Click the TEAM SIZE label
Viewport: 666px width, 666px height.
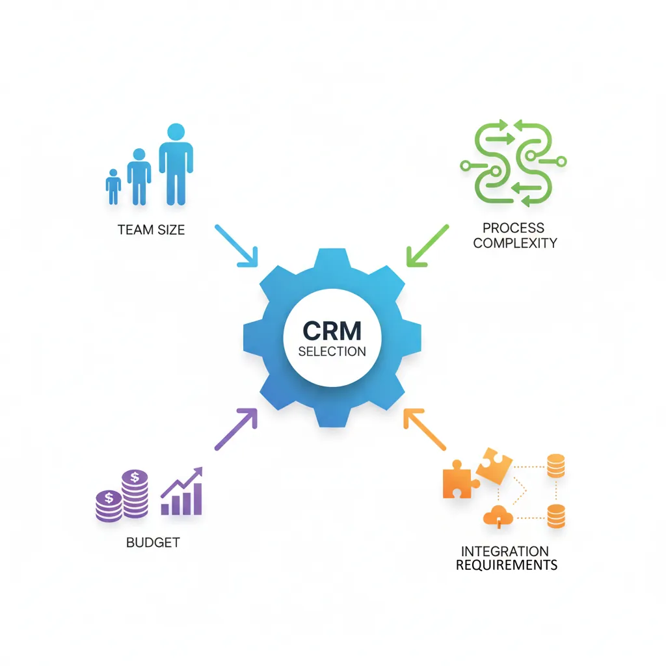pyautogui.click(x=152, y=230)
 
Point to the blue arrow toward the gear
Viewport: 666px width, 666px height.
pyautogui.click(x=236, y=246)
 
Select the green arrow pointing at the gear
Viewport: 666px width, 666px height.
pyautogui.click(x=427, y=246)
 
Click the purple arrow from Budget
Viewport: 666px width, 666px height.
pyautogui.click(x=237, y=429)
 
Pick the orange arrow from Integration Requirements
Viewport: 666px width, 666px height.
pyautogui.click(x=425, y=429)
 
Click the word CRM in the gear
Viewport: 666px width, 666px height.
pyautogui.click(x=332, y=330)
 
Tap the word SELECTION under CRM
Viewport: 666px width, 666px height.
pyautogui.click(x=332, y=351)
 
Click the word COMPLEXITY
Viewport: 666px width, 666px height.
pyautogui.click(x=515, y=243)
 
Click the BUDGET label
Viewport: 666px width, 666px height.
pyautogui.click(x=153, y=542)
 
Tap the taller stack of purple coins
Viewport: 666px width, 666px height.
pyautogui.click(x=134, y=493)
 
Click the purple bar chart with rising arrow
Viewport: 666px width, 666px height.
pyautogui.click(x=182, y=493)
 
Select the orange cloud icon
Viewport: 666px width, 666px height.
pyautogui.click(x=499, y=516)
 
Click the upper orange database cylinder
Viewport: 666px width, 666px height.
pyautogui.click(x=555, y=466)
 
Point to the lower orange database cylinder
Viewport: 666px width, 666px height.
pyautogui.click(x=555, y=516)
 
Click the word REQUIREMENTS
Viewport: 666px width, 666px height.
pyautogui.click(x=507, y=565)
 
